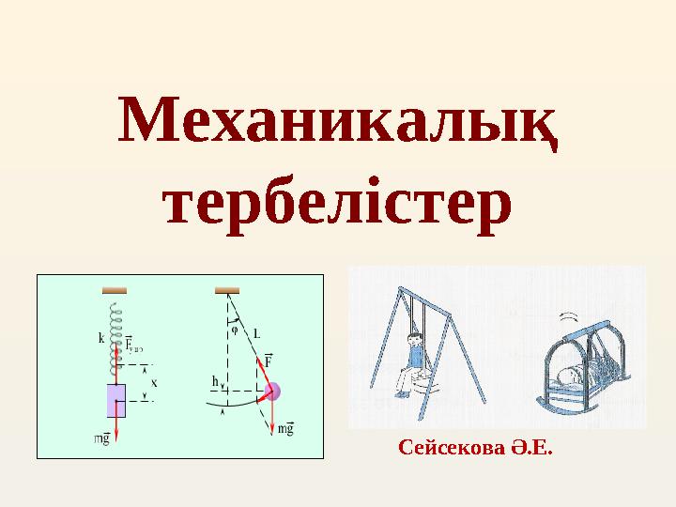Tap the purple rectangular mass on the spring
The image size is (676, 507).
[116, 400]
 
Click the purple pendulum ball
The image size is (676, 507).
[273, 392]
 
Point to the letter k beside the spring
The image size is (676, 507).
[100, 340]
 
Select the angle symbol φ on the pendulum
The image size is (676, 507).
[234, 330]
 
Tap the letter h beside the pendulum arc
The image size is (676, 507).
[215, 381]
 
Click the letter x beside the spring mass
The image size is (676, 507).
[154, 382]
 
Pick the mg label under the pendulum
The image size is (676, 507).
[286, 428]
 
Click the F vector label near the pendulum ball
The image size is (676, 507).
[269, 360]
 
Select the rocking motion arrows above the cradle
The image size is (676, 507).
[569, 315]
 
